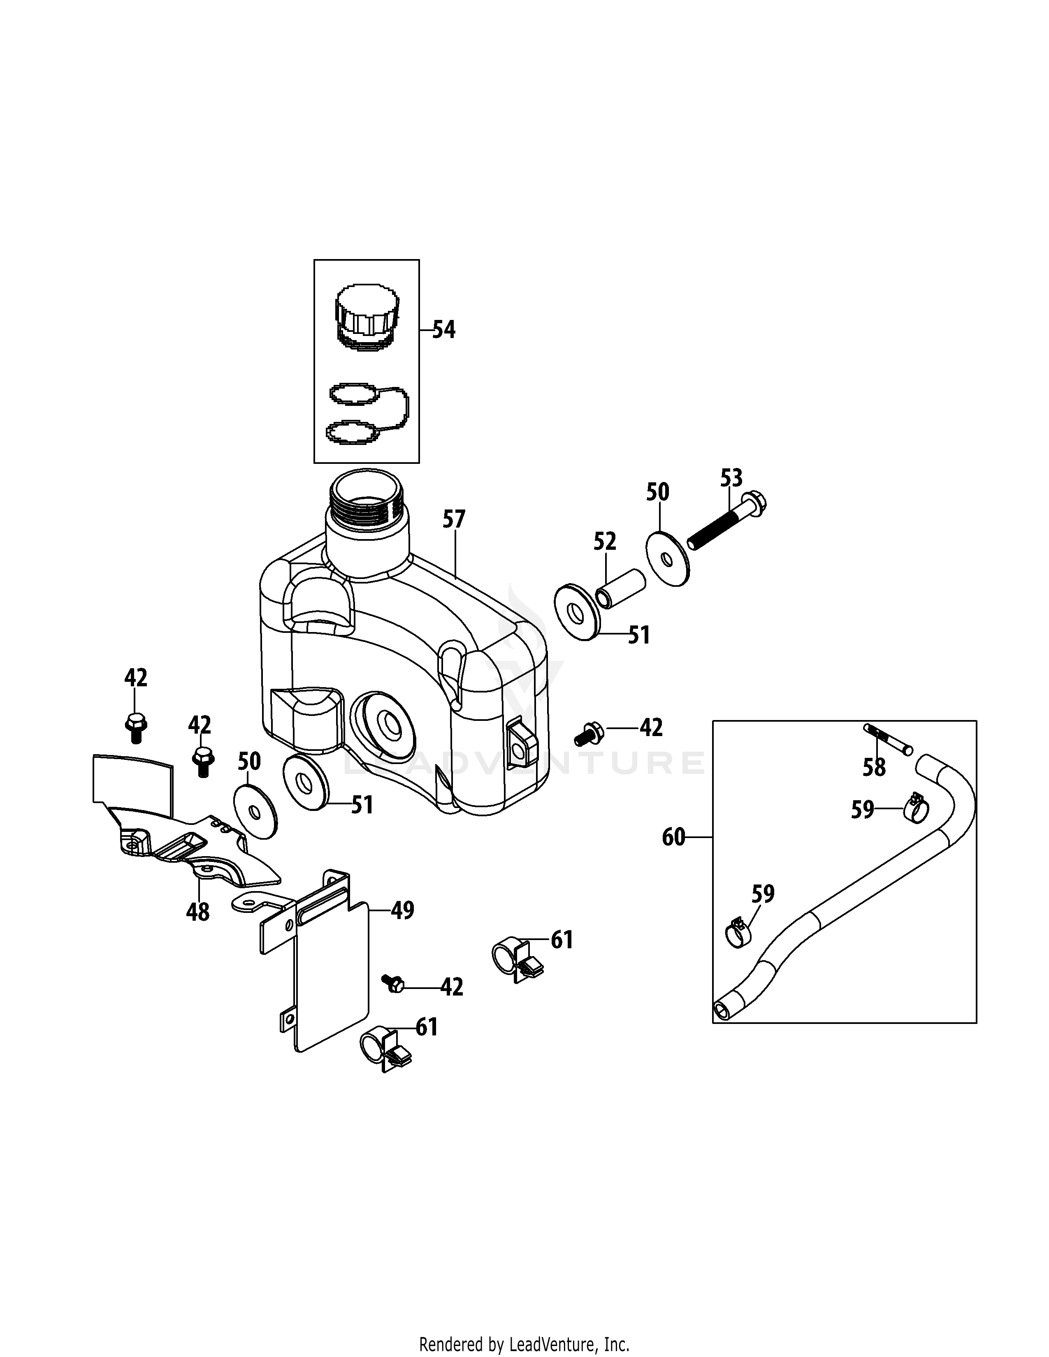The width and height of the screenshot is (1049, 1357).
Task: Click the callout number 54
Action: (x=444, y=329)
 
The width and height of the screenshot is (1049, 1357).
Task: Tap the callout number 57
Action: (x=454, y=519)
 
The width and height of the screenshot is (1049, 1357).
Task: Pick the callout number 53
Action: (x=731, y=478)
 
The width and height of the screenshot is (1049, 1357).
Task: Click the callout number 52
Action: (x=605, y=541)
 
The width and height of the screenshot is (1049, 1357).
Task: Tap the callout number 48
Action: (x=197, y=912)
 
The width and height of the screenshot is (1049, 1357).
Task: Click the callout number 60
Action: (x=674, y=838)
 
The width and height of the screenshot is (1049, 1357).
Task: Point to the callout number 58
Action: (x=874, y=768)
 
